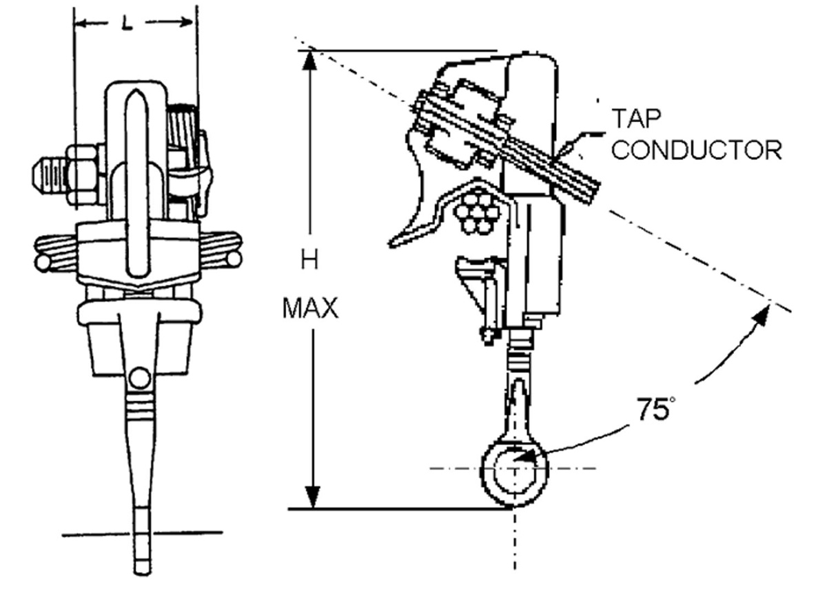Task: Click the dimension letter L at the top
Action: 127,23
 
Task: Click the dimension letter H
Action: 312,259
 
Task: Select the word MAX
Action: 311,308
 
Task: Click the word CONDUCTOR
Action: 696,150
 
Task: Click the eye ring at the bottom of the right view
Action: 514,470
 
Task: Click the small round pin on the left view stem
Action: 140,378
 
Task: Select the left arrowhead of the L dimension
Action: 81,23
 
